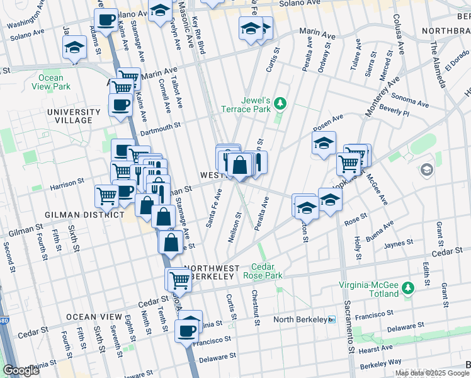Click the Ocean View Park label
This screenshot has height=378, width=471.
50,82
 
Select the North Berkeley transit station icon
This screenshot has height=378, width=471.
332,319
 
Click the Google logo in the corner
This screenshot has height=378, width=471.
21,370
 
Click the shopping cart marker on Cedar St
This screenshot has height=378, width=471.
180,279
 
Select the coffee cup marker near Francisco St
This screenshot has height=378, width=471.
186,330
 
